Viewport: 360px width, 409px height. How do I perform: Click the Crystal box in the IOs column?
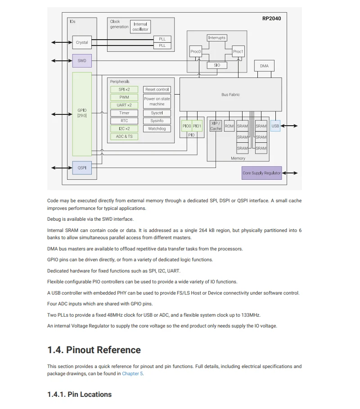(x=82, y=42)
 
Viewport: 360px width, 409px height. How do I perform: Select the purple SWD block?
(x=82, y=61)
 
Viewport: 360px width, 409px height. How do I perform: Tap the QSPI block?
(x=82, y=168)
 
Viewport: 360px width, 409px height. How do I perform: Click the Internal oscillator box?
(x=140, y=27)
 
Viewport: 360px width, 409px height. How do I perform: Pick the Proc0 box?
(x=196, y=52)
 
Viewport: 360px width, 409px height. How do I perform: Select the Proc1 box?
(x=238, y=52)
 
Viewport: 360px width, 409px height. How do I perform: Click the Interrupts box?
(x=217, y=38)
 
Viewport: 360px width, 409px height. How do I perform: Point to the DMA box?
(x=264, y=66)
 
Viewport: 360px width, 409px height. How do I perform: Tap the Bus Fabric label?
(x=230, y=95)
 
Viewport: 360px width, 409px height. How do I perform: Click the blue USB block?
(x=275, y=126)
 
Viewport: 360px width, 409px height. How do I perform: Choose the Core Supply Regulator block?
(x=261, y=173)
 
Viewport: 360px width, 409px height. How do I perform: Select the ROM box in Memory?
(x=229, y=126)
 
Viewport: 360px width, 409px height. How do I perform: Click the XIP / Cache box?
(x=216, y=126)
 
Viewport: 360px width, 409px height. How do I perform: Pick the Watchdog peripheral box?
(x=157, y=129)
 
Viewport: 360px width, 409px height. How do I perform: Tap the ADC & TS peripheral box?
(x=124, y=136)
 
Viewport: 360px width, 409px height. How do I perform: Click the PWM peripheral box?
(x=124, y=97)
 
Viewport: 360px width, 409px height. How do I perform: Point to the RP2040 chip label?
(x=271, y=19)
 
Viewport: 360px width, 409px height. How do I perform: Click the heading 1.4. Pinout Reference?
(x=94, y=350)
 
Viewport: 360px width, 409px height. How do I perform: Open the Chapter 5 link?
(x=132, y=373)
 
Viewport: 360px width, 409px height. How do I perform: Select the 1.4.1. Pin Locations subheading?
(x=79, y=394)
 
